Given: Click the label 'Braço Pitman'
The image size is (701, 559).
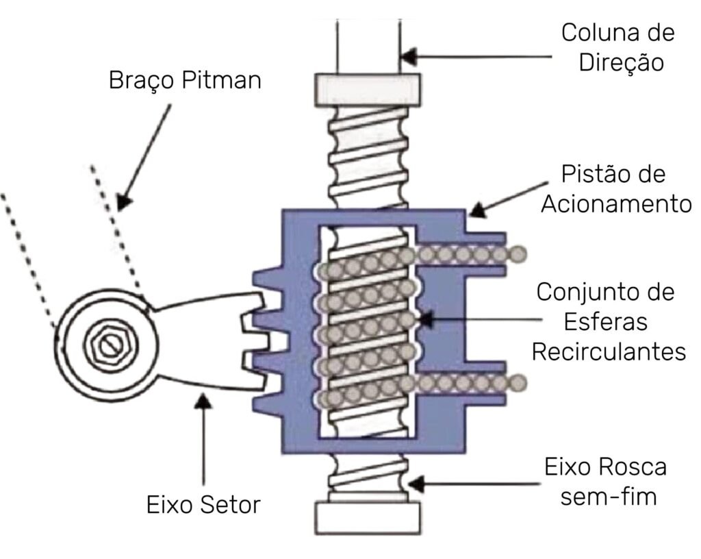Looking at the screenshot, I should pyautogui.click(x=185, y=81).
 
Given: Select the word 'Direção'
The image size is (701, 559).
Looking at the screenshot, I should pyautogui.click(x=622, y=62).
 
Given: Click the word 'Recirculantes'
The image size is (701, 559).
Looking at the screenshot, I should pyautogui.click(x=609, y=351).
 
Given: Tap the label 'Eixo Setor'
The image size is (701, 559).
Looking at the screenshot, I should pyautogui.click(x=203, y=506).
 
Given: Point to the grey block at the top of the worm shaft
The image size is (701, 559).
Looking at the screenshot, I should pyautogui.click(x=367, y=87).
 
